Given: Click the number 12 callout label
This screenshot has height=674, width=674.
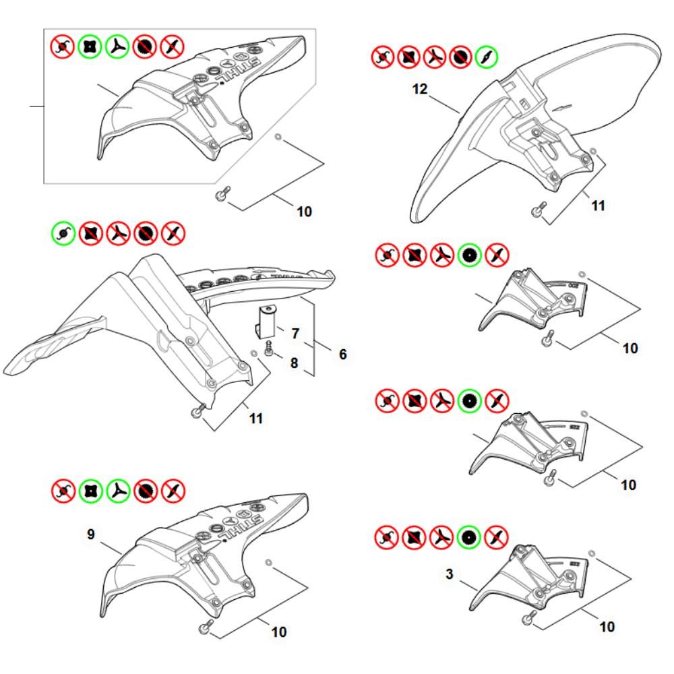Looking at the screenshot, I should click(420, 89).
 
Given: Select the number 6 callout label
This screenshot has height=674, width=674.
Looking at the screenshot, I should click(343, 354).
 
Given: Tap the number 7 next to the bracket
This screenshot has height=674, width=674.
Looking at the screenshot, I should click(295, 334).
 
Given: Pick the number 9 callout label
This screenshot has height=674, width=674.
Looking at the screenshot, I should click(92, 534).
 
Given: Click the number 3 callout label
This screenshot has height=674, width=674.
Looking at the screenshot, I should click(450, 575).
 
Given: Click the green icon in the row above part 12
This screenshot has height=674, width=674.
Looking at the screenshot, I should click(487, 57).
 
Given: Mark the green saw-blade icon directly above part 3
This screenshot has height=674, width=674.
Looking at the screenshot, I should click(467, 537).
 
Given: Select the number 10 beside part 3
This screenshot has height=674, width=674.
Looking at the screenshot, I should click(607, 627).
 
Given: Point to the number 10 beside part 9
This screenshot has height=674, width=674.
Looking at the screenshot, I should click(278, 632).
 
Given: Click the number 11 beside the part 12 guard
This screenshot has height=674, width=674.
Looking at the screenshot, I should click(598, 206).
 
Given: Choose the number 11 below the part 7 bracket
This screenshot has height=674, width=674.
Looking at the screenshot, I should click(255, 419).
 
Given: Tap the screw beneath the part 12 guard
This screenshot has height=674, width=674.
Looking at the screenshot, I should click(538, 210).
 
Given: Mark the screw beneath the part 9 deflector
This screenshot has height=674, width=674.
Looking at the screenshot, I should click(202, 629).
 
